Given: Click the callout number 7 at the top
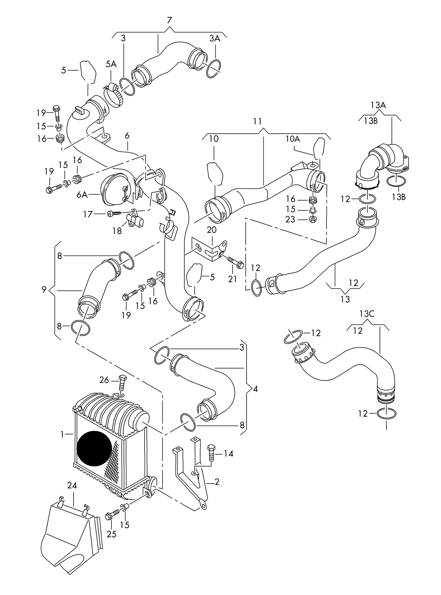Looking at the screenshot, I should [x=169, y=20].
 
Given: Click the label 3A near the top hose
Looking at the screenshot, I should [x=215, y=38].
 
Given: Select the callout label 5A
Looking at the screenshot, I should [x=111, y=64].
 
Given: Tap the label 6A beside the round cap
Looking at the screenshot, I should [x=82, y=194].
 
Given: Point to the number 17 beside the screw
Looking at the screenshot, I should [x=88, y=214].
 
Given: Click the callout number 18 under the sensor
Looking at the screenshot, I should [x=117, y=231].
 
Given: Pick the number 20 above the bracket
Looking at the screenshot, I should [x=211, y=230].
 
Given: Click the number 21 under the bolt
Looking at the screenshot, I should [x=233, y=279].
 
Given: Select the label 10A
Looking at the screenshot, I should [x=293, y=139].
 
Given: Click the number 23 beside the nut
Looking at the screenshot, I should [x=291, y=219].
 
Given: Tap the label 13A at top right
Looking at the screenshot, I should [x=378, y=105].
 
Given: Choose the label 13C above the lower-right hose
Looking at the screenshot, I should [x=367, y=314].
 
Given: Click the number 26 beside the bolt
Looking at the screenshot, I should [x=104, y=380].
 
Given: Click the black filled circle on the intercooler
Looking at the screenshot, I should [x=95, y=448].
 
